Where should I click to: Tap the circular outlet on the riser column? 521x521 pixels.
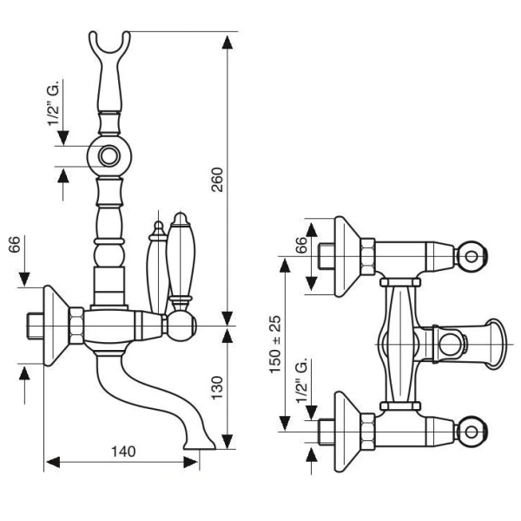pyautogui.click(x=109, y=156)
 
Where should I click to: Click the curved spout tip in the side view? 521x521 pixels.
pyautogui.click(x=206, y=445)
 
